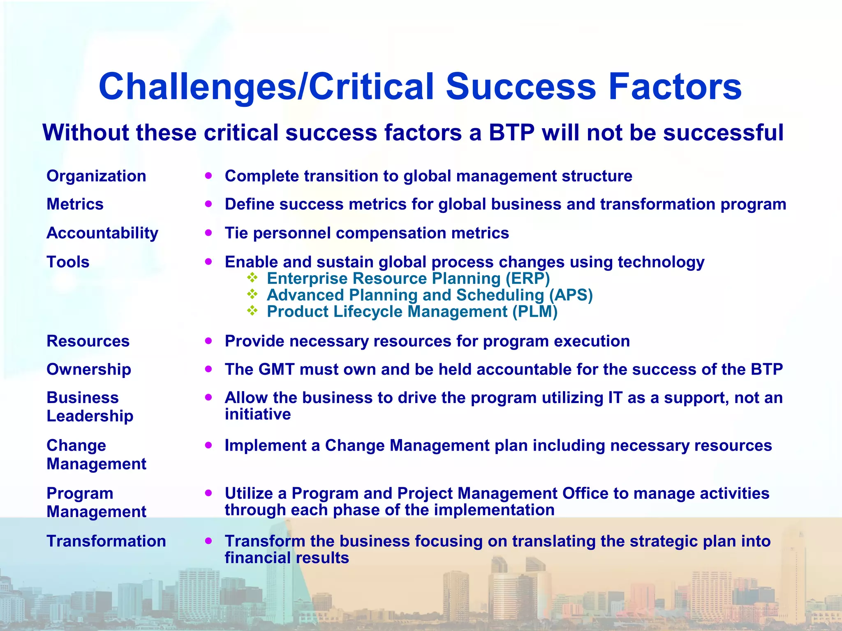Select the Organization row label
point(96,176)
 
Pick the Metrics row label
point(75,205)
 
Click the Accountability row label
point(102,233)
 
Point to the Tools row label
point(68,262)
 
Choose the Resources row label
point(88,341)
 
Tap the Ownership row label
point(89,370)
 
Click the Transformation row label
point(106,541)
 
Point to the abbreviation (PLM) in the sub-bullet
point(535,312)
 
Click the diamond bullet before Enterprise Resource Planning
point(252,278)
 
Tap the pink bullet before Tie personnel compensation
point(209,233)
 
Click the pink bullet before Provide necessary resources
point(209,341)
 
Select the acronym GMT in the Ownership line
point(276,370)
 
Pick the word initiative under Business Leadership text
point(258,415)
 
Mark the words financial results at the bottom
point(287,558)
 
